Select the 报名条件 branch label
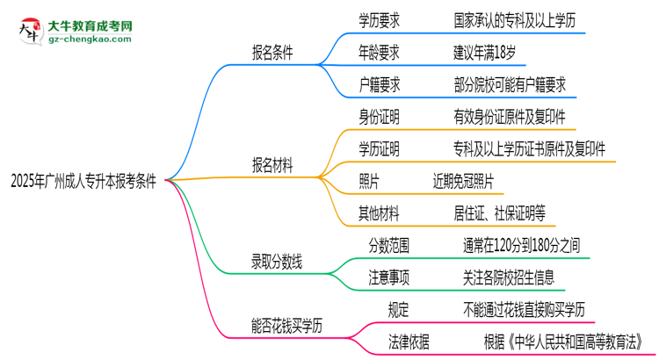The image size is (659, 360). [x=272, y=51]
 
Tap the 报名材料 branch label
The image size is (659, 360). [x=272, y=164]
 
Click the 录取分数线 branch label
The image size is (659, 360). [x=279, y=261]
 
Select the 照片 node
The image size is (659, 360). [x=369, y=181]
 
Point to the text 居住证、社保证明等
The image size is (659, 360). [x=499, y=212]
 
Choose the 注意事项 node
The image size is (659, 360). [x=390, y=277]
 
